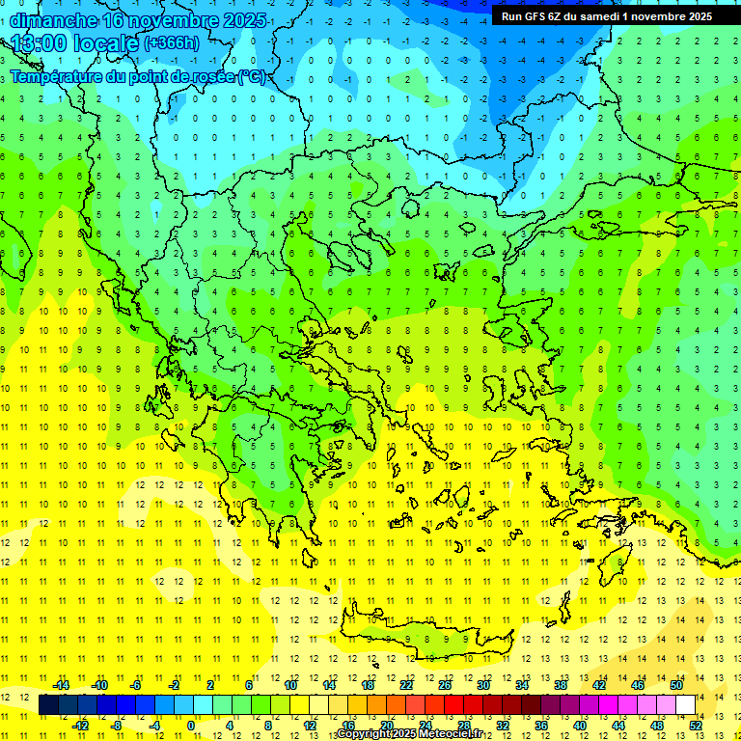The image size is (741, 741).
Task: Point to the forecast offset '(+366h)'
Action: [172, 43]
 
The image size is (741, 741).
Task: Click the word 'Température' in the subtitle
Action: [58, 76]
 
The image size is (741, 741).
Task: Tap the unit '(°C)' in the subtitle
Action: [250, 76]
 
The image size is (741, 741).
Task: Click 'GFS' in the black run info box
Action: [532, 15]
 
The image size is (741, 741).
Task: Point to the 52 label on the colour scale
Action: [694, 726]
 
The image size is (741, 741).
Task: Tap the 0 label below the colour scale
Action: [191, 726]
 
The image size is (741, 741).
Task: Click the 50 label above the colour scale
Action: [676, 685]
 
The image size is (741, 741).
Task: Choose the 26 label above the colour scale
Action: [445, 685]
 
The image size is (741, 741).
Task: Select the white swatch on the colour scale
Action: [685, 705]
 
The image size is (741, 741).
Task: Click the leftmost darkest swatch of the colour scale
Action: [48, 705]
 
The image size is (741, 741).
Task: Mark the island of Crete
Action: [425, 637]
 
